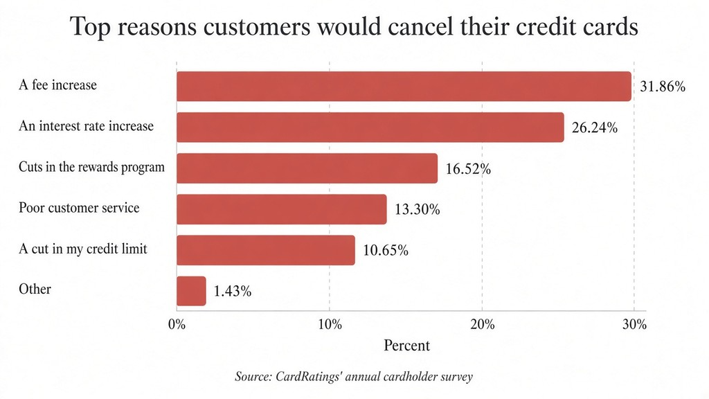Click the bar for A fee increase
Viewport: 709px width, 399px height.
click(404, 86)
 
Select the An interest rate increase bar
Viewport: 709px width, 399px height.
click(370, 127)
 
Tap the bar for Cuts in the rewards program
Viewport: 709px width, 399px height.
click(307, 168)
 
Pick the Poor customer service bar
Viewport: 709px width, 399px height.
click(282, 209)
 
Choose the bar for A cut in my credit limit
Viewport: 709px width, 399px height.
click(266, 250)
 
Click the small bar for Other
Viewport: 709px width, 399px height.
click(191, 291)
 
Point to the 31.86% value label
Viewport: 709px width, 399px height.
click(663, 87)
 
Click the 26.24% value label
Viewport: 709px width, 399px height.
click(595, 127)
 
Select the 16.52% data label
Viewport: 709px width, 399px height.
click(468, 169)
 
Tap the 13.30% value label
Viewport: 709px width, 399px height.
click(418, 209)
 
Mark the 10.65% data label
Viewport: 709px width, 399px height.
click(386, 250)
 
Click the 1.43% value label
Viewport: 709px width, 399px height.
click(233, 292)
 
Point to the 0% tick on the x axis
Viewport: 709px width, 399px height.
click(177, 324)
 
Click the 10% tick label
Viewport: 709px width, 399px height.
click(330, 324)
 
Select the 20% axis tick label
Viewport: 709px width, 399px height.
click(483, 324)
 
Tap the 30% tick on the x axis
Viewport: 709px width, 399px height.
click(634, 324)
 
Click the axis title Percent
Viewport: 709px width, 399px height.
click(406, 345)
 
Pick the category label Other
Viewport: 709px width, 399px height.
click(35, 289)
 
